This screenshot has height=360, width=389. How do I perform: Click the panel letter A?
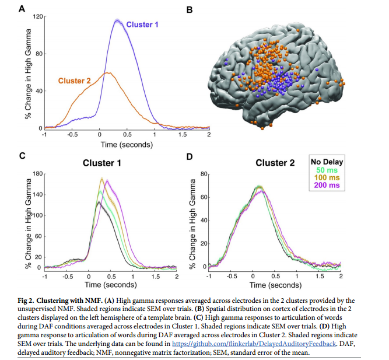[x=22, y=9]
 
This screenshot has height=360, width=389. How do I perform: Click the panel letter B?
[x=188, y=9]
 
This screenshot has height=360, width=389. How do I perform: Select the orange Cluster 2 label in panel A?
[x=73, y=81]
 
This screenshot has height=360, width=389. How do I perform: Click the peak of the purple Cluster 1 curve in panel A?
[x=118, y=21]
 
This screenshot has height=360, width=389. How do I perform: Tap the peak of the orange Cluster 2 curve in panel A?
[x=107, y=73]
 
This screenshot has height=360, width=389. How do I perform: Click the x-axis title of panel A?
[x=126, y=143]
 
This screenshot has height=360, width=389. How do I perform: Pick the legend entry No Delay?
[x=327, y=162]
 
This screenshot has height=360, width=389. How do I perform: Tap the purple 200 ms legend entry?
[x=327, y=185]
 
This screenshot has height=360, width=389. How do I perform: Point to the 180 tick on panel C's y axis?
[x=38, y=174]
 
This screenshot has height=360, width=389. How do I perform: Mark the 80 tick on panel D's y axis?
[x=206, y=174]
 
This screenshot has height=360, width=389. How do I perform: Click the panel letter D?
[x=188, y=156]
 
